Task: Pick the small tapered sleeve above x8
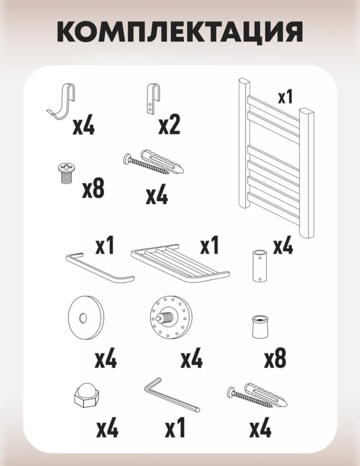click(x=260, y=330)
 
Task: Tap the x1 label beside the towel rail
click(x=285, y=97)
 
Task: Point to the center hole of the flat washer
click(x=83, y=317)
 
